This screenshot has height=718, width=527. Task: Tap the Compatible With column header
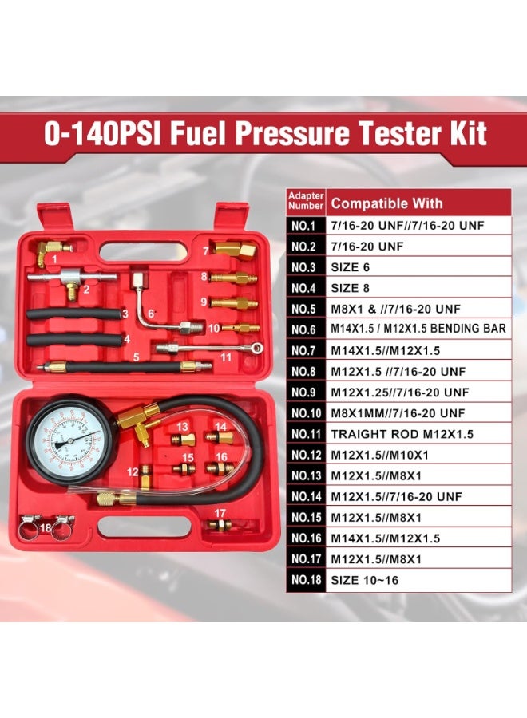click(386, 203)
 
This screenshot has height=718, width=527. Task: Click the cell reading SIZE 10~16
click(364, 580)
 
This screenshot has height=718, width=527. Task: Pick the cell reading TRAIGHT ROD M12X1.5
click(402, 434)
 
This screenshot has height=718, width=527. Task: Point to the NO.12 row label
click(306, 455)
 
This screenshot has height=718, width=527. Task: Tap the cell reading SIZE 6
click(350, 267)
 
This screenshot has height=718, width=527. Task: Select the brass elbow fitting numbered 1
click(50, 252)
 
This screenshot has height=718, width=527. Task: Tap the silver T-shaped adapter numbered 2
click(71, 280)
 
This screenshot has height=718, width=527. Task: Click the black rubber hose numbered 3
click(74, 314)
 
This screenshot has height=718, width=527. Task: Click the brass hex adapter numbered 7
click(234, 249)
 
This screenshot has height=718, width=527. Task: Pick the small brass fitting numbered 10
click(240, 328)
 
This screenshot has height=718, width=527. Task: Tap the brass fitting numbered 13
click(184, 440)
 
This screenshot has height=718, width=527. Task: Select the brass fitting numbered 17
click(218, 525)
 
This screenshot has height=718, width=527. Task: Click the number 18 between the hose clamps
click(46, 527)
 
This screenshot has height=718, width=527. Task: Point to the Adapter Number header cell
click(306, 201)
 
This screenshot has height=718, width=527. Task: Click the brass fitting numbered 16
click(220, 468)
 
